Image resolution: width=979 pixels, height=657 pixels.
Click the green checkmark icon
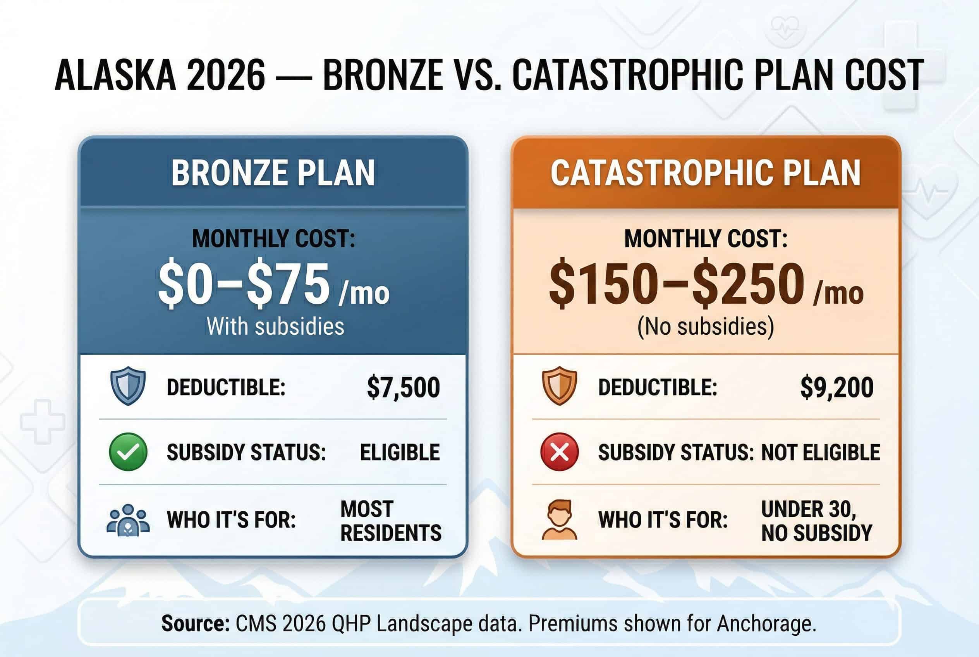tap(128, 452)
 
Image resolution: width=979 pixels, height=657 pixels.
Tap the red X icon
tap(559, 452)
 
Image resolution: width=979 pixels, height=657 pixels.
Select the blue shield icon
tap(128, 386)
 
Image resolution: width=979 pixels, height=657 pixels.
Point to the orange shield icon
tap(559, 386)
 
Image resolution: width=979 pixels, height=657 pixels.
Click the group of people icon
tap(128, 519)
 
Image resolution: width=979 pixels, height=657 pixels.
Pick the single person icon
tap(559, 519)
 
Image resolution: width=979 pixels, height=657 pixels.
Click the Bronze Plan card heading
tap(273, 173)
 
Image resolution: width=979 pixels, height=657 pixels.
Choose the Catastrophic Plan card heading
tap(706, 173)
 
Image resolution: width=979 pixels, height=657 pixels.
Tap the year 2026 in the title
tap(226, 75)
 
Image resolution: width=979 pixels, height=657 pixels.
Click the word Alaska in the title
tap(115, 75)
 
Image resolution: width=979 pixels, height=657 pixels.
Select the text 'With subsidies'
tap(275, 326)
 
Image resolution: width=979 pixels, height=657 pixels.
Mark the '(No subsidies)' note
tap(706, 326)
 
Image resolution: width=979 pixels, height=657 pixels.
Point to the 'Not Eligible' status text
tap(820, 452)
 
